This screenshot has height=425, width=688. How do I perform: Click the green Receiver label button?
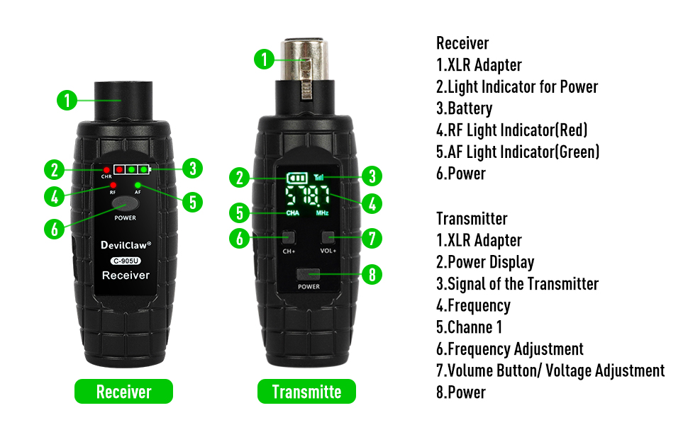point(123,392)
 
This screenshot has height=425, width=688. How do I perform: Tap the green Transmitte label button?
point(306,392)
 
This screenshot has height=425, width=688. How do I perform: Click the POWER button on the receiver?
point(125,204)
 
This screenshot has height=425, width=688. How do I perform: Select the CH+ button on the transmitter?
point(289,238)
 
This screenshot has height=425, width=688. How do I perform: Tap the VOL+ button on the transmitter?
point(328,238)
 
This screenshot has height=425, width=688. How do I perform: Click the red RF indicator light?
point(112,186)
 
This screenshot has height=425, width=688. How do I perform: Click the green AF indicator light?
point(138,186)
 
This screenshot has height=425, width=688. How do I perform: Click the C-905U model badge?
point(126,260)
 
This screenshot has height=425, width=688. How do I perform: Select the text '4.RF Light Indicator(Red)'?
point(511,130)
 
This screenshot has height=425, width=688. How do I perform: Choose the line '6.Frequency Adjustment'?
point(509,349)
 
